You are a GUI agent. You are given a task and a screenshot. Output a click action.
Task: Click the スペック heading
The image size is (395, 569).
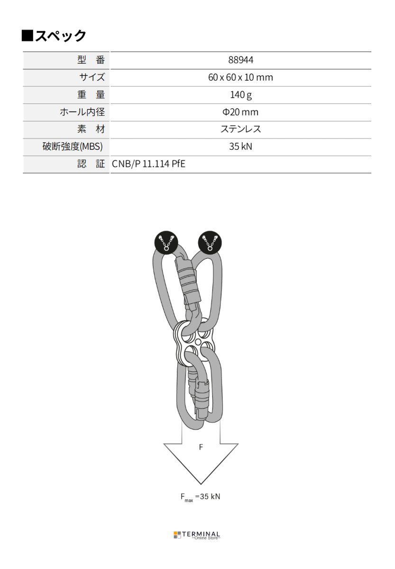[x=54, y=36]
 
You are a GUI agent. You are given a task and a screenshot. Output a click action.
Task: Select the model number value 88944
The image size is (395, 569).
[x=240, y=60]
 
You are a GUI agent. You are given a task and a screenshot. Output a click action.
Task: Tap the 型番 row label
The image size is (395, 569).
[x=90, y=60]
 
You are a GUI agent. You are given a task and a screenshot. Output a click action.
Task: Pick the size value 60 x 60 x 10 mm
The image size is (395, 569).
[x=240, y=77]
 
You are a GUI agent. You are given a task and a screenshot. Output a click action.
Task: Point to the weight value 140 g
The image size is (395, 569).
[x=240, y=94]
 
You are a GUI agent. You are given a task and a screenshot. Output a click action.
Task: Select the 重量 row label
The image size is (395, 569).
[x=90, y=94]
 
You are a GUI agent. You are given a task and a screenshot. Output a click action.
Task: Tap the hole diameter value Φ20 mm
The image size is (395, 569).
[x=240, y=112]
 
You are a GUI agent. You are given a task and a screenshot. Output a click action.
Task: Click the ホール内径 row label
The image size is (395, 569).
[x=82, y=112]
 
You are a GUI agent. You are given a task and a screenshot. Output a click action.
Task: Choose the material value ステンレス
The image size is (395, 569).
[x=240, y=129]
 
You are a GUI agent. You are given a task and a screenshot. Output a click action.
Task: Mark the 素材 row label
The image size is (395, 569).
[x=90, y=129]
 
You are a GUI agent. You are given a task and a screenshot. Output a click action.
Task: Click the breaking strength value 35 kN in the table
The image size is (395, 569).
[x=240, y=147]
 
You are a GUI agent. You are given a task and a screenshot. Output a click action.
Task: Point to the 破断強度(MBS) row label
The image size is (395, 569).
[x=73, y=147]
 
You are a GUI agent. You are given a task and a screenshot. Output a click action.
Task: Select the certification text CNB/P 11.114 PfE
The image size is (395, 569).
[x=148, y=164]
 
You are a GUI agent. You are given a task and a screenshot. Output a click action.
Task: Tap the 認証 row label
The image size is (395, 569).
[x=90, y=164]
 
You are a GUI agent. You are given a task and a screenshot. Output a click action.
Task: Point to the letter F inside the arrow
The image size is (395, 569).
[x=201, y=447]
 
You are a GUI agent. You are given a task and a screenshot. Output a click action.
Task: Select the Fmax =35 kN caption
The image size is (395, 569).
[x=200, y=497]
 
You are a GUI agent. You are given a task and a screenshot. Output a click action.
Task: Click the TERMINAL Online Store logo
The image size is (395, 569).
[x=197, y=535]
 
